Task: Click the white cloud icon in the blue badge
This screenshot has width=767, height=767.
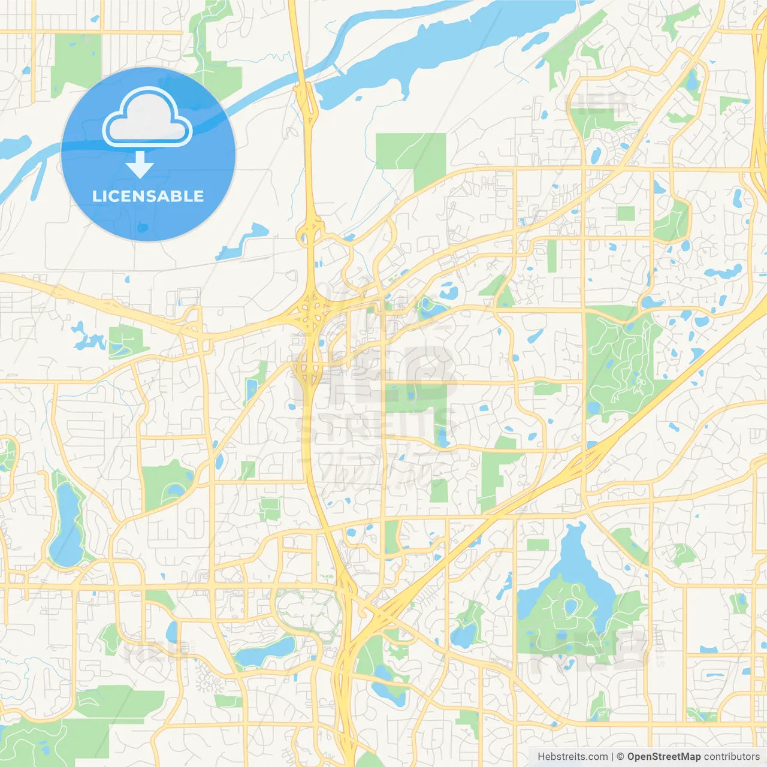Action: (x=147, y=118)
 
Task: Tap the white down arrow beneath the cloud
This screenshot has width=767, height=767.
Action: (x=140, y=165)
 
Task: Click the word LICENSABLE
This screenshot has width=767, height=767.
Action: (x=148, y=196)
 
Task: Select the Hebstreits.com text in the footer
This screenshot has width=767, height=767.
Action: (x=572, y=757)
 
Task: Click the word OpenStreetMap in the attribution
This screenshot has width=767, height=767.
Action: (x=663, y=757)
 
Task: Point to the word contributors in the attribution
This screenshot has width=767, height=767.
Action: (x=732, y=757)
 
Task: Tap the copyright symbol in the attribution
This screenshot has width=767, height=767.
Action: (x=620, y=757)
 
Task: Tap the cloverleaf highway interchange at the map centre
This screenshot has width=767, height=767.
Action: (x=311, y=312)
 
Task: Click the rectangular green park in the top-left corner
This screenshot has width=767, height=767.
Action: (x=77, y=60)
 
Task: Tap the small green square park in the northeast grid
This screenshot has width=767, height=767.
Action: (x=626, y=213)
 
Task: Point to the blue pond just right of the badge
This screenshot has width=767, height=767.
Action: (x=246, y=240)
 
